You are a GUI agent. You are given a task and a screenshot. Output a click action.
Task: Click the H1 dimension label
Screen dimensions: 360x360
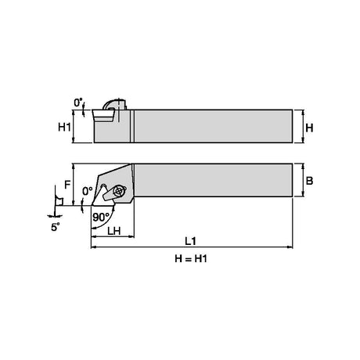coord(64,128)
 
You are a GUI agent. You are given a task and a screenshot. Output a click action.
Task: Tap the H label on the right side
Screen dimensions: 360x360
coord(309,128)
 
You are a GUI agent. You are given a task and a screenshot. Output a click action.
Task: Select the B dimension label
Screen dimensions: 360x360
coord(309,181)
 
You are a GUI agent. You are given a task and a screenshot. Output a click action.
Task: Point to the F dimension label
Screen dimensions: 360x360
coord(67,185)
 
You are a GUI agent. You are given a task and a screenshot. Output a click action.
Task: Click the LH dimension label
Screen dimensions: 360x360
coord(114,231)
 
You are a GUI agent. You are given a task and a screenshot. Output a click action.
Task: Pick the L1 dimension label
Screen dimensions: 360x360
coord(190,241)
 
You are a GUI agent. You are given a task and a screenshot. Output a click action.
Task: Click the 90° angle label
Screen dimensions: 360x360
coord(101,217)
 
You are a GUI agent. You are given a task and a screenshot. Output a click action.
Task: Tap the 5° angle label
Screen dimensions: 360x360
coord(55,227)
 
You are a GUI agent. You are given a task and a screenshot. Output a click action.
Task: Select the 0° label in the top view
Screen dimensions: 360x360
coord(78,103)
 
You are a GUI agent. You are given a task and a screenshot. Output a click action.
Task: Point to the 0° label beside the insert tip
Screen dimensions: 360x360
coord(88,191)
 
